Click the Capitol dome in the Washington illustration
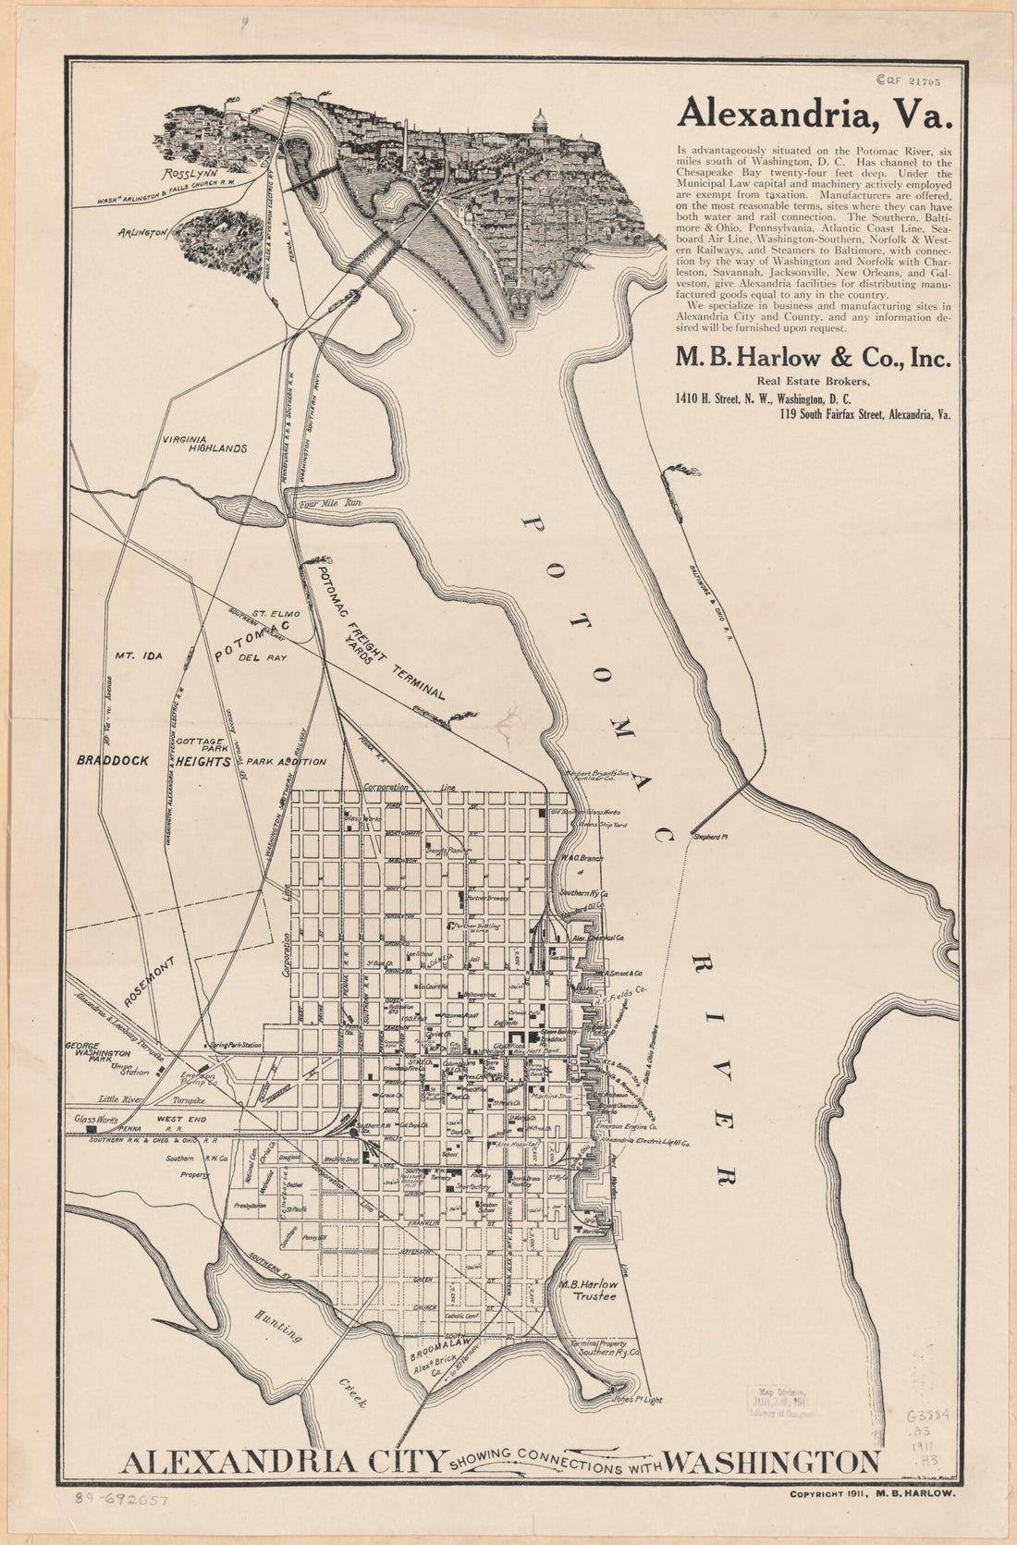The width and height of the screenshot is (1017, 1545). (x=539, y=120)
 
